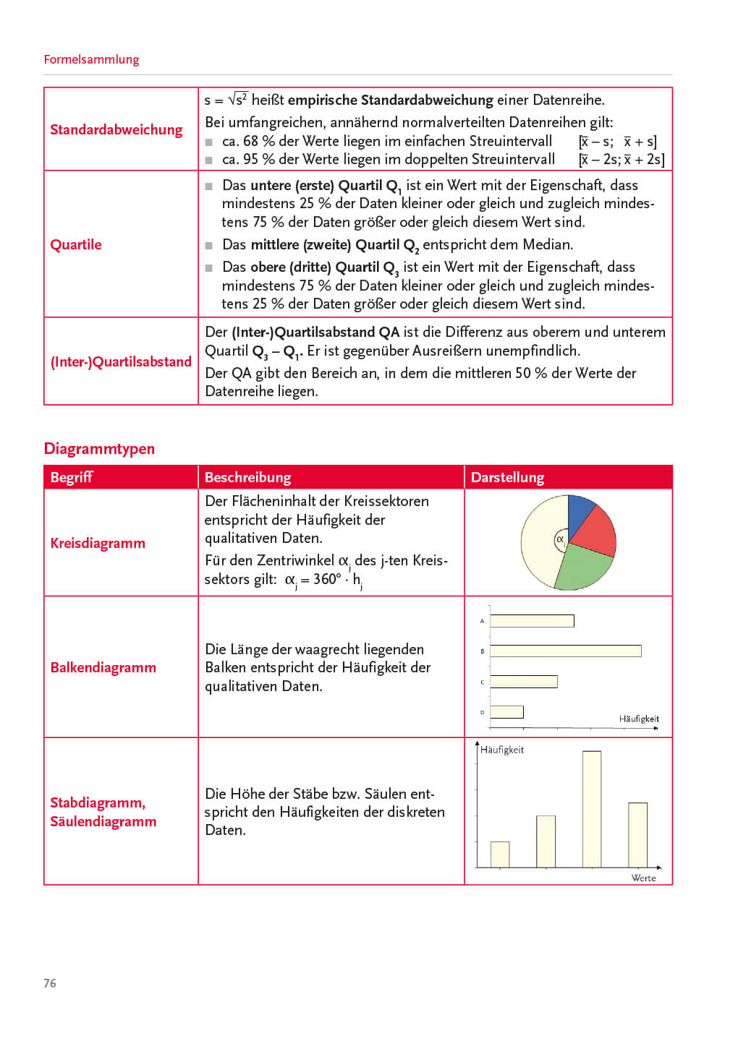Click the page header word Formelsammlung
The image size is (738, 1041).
[91, 59]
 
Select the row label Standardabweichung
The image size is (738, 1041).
[116, 130]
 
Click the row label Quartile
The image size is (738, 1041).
[76, 244]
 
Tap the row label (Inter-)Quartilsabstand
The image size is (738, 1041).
[121, 361]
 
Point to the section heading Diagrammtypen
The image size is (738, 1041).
[99, 448]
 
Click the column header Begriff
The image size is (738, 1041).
[72, 477]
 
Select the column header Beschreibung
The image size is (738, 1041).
[247, 477]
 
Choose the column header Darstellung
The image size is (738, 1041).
[507, 477]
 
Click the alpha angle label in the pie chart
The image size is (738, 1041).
[560, 539]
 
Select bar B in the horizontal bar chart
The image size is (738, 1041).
[566, 651]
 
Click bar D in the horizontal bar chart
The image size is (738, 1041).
[506, 712]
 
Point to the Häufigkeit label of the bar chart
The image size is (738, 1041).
[639, 719]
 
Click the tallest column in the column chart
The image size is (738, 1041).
[592, 808]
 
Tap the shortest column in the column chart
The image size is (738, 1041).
[500, 854]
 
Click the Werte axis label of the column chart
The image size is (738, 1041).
[643, 878]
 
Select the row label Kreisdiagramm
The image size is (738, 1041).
[98, 543]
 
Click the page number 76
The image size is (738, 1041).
[50, 983]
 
